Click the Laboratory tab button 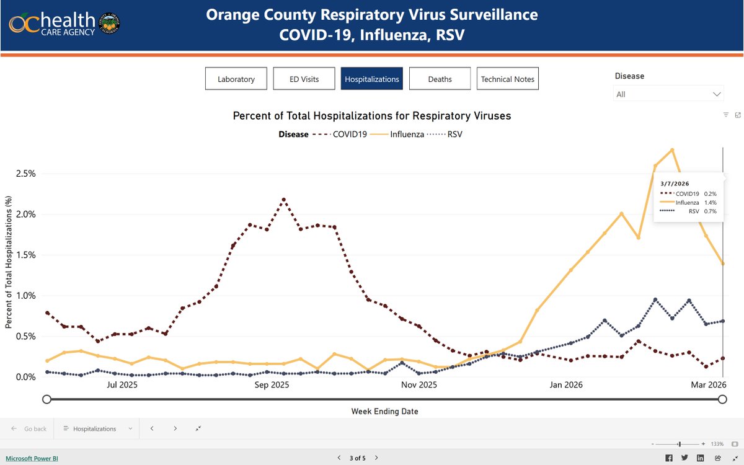click(236, 79)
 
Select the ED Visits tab click(304, 79)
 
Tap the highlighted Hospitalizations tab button click(371, 79)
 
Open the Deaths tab click(440, 79)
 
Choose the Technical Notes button click(508, 79)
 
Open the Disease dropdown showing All click(668, 94)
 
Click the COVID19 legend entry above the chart click(340, 134)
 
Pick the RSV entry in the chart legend click(445, 134)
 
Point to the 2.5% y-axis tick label click(25, 174)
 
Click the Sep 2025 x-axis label click(272, 384)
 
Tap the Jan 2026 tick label click(566, 384)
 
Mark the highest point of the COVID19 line click(284, 200)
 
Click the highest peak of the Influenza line click(672, 150)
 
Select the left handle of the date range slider click(47, 399)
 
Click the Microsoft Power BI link click(32, 458)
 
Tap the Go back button click(29, 429)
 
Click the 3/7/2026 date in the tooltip click(675, 184)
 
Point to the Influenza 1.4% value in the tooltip click(711, 203)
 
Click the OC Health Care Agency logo click(64, 24)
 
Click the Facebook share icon click(669, 458)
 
